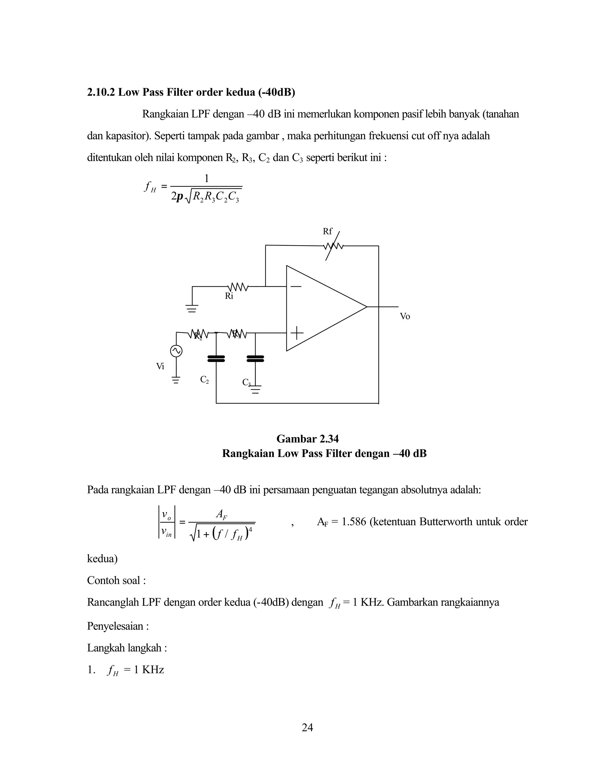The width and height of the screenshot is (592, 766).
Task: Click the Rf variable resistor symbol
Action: pos(333,246)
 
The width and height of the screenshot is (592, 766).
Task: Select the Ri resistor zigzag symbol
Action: pos(238,287)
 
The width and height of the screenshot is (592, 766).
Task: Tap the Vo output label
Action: pos(405,316)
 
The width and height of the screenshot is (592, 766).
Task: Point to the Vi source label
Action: pos(160,367)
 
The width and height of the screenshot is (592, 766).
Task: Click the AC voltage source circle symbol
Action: pos(176,351)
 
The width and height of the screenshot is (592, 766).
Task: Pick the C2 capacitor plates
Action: pos(216,358)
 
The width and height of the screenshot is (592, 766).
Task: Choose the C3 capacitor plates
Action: pos(255,358)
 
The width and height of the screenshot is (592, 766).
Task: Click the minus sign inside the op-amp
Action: pos(296,286)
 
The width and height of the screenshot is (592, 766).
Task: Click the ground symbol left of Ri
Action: pos(192,309)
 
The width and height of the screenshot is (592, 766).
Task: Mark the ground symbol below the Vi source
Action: pos(176,380)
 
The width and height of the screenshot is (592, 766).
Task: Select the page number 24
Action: pos(307,728)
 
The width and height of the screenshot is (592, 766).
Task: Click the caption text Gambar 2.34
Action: pos(307,439)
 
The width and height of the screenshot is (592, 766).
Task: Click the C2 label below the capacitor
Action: pos(204,380)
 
